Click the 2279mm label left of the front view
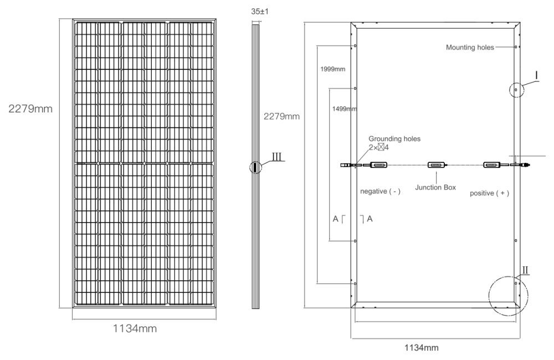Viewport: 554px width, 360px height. coord(30,109)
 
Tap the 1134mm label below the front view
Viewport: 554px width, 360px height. coord(135,328)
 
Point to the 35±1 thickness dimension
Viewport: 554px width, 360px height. coord(255,11)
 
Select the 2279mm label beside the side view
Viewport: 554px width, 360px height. coord(281,116)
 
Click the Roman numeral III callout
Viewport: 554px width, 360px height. coord(278,157)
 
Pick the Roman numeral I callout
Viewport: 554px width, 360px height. coord(536,74)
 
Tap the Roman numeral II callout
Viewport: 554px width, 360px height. coord(525,270)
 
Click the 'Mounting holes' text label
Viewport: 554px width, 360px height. coord(469,48)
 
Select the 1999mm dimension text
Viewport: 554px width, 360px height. coord(333,69)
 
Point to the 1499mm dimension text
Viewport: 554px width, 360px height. coord(343,109)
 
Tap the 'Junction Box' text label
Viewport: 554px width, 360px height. coord(438,188)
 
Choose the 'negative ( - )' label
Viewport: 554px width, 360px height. coord(380,191)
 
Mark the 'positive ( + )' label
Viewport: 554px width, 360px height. coord(489,193)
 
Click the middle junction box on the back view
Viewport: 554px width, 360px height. coord(435,165)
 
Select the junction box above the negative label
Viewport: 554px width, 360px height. coord(378,164)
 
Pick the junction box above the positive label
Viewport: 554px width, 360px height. coord(492,164)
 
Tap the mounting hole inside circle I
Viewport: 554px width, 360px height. coord(516,89)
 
